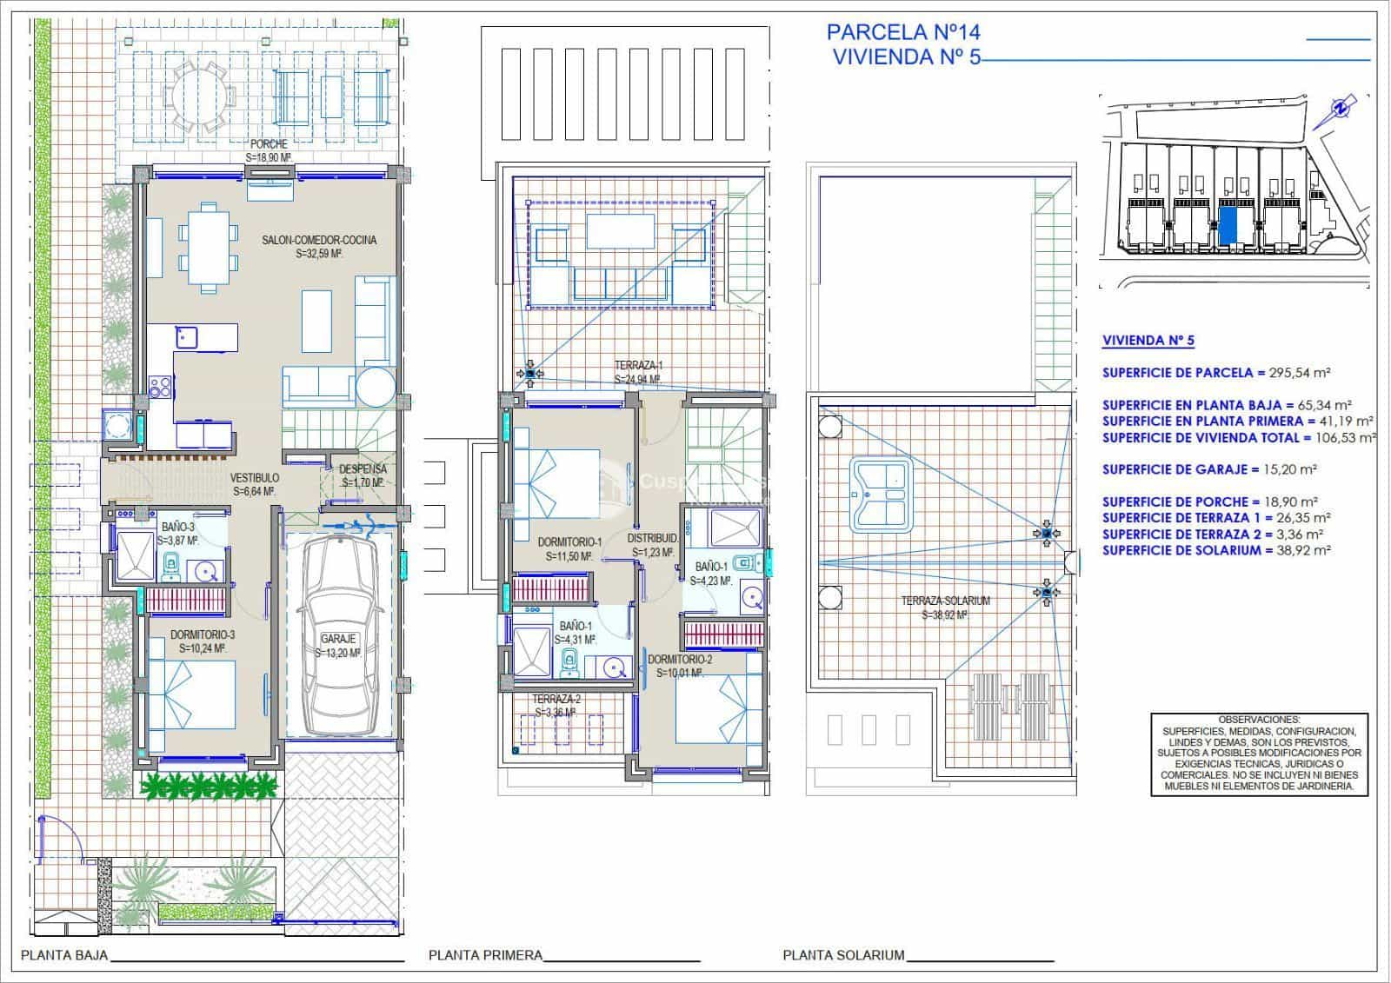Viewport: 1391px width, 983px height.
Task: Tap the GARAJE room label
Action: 338,646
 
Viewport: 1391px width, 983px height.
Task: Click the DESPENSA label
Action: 363,470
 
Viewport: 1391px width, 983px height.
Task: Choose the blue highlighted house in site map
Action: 1229,224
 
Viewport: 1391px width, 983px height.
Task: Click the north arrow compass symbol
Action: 1340,108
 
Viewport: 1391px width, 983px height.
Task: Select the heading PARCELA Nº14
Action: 903,33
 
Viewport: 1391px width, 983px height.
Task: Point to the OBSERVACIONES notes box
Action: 1259,753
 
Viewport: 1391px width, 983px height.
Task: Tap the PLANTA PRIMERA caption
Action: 485,955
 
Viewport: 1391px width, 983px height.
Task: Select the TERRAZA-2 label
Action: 556,705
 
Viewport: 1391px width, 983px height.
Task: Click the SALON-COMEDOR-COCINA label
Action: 319,240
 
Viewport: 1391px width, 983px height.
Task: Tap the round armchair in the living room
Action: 375,387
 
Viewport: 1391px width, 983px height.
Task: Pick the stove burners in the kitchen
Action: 160,386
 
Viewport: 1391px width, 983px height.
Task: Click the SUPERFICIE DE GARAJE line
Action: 1208,469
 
